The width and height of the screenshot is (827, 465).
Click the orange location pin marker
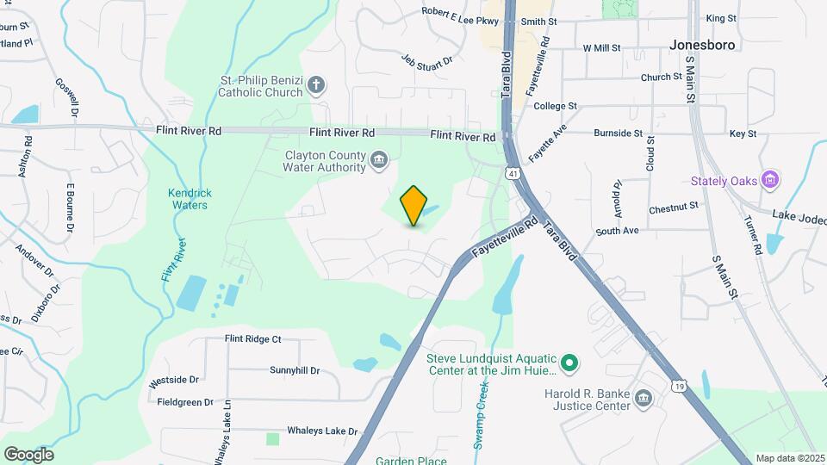[x=413, y=206]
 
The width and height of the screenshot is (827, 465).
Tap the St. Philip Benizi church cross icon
[x=317, y=84]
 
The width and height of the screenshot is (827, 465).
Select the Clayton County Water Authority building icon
[x=378, y=160]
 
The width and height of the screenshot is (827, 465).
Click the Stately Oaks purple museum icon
[x=771, y=181]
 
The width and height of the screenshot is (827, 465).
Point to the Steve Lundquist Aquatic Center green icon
[x=569, y=364]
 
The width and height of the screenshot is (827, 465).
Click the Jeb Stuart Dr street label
[x=426, y=62]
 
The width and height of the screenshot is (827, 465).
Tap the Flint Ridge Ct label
[x=252, y=339]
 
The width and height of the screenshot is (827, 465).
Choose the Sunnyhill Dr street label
[x=294, y=370]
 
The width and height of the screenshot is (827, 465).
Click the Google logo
[x=28, y=454]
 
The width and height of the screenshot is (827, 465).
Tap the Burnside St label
[x=618, y=133]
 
